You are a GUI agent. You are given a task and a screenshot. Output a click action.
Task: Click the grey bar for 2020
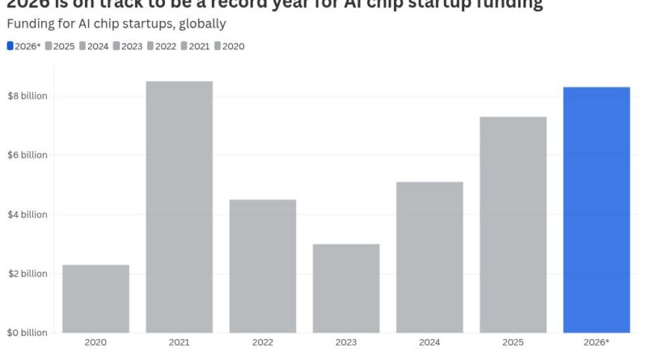(95, 299)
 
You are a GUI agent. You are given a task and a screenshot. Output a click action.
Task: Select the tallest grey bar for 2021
(179, 206)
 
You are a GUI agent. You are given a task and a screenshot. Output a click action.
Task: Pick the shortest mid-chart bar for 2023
(345, 288)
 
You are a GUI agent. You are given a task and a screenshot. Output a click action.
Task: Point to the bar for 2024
(429, 256)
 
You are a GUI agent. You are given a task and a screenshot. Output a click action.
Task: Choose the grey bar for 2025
(513, 224)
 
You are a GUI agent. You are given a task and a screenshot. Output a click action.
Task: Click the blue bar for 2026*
(596, 210)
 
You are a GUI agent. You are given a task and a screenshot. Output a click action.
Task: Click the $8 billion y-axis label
(27, 96)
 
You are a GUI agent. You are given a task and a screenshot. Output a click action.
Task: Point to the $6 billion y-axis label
(27, 155)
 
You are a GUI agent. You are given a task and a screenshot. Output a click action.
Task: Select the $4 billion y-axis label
(27, 214)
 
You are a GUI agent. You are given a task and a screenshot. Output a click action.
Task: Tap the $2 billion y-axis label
(27, 273)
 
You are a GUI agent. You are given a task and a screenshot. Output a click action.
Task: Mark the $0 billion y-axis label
(27, 332)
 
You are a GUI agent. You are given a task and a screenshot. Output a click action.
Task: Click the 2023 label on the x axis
(345, 343)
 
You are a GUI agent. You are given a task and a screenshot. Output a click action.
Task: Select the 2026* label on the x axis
(596, 343)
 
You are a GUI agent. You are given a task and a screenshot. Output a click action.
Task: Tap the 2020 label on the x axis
(95, 343)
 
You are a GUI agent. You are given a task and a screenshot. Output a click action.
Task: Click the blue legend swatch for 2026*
(10, 46)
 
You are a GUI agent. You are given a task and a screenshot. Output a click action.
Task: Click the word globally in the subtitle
(199, 24)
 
